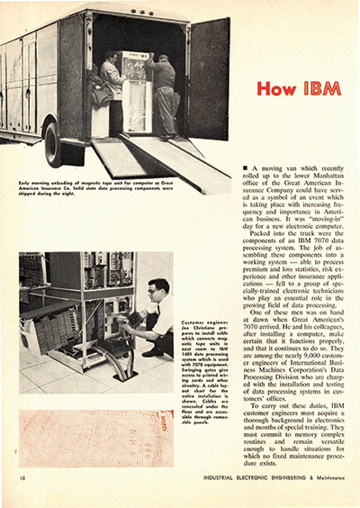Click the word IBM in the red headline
[323, 90]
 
